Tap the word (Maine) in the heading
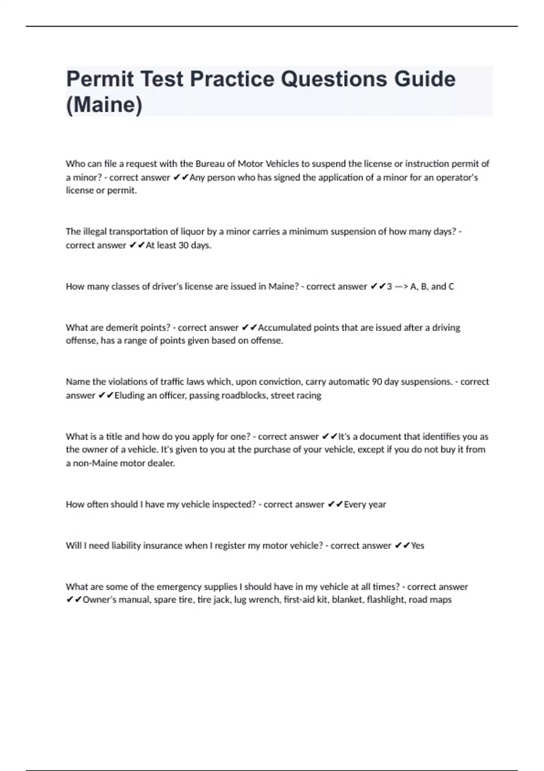[x=104, y=105]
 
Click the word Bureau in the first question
[x=210, y=164]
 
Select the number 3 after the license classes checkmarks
[x=389, y=287]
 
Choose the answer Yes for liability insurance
[x=418, y=546]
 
